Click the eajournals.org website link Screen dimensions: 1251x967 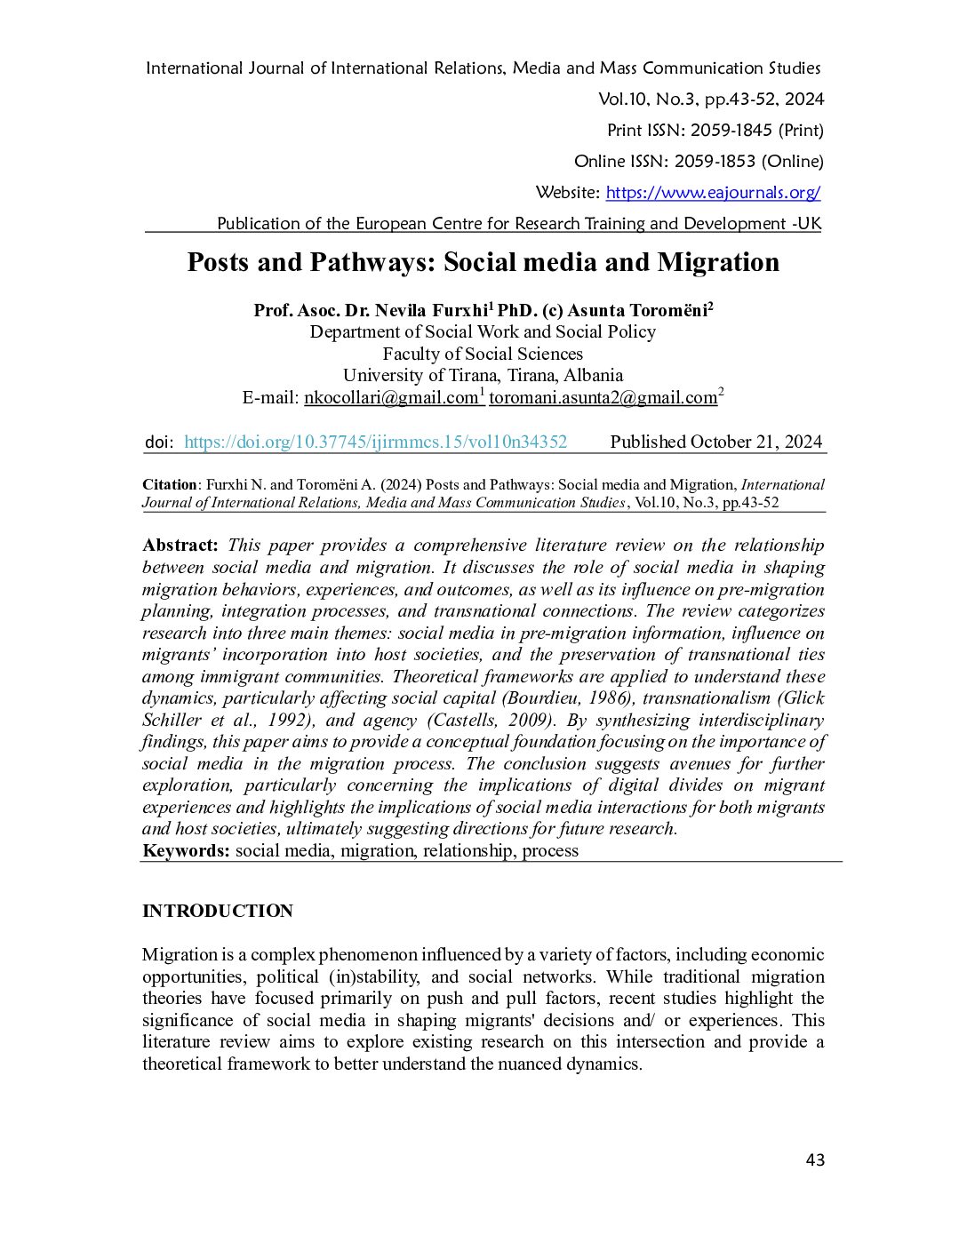click(713, 193)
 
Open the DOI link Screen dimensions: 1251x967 click(375, 442)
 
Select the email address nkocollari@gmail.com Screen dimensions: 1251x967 click(391, 397)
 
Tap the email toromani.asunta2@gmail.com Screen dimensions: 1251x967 click(603, 397)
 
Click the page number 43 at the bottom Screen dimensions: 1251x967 click(815, 1159)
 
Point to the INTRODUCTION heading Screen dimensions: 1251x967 click(218, 911)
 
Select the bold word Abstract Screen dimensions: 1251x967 click(180, 545)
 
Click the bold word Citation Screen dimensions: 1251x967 click(170, 484)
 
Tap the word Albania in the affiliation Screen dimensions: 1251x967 click(593, 375)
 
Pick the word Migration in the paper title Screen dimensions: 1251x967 click(718, 262)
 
